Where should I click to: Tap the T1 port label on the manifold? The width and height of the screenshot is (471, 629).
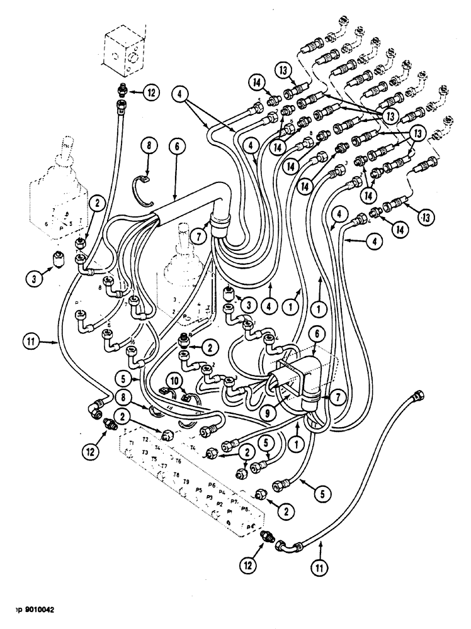click(x=132, y=443)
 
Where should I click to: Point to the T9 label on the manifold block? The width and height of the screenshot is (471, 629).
click(x=185, y=481)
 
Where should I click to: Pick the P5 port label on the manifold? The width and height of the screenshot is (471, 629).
click(x=198, y=489)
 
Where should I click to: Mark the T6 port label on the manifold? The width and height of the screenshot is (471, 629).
click(x=178, y=460)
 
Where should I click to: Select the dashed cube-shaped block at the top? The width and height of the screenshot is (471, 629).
click(x=127, y=50)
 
